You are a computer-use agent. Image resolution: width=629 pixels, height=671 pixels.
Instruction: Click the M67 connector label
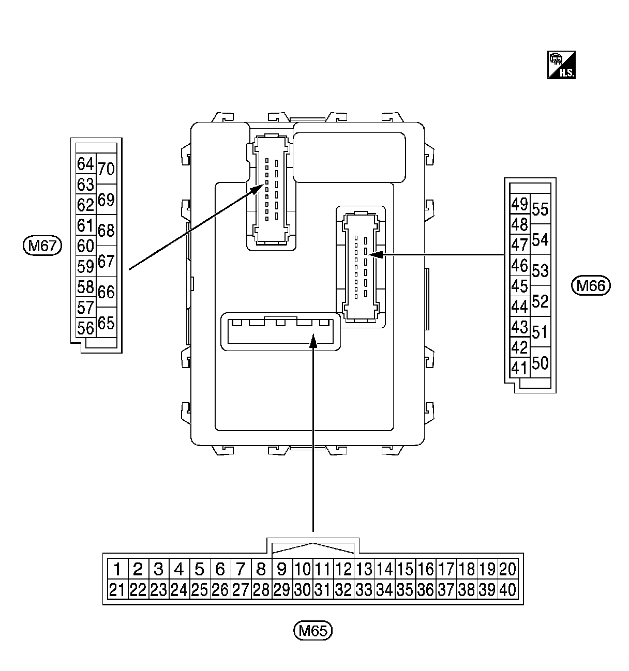[x=42, y=245]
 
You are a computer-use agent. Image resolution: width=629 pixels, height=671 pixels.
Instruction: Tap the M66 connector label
[x=591, y=285]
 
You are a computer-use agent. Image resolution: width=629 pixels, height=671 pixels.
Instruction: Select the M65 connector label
[x=313, y=630]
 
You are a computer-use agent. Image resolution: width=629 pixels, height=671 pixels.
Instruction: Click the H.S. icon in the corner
[x=561, y=65]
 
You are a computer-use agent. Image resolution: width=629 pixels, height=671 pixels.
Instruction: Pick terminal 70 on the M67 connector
[x=106, y=169]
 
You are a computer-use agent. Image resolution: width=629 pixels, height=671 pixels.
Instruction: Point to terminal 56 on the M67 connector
[x=85, y=328]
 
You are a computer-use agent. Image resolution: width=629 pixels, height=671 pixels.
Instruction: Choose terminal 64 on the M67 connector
[x=85, y=164]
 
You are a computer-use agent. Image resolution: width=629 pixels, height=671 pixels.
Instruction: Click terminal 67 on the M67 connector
[x=106, y=262]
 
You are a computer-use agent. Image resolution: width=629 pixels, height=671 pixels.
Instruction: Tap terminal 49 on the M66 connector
[x=519, y=205]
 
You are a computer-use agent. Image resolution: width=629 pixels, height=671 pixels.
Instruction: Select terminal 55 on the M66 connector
[x=540, y=210]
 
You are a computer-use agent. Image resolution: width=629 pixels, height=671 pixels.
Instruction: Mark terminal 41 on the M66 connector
[x=519, y=368]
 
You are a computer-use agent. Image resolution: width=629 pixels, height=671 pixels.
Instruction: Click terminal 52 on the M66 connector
[x=540, y=301]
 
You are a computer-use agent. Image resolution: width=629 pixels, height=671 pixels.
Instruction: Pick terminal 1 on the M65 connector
[x=117, y=570]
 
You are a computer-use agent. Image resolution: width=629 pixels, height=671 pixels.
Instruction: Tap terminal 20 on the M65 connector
[x=508, y=570]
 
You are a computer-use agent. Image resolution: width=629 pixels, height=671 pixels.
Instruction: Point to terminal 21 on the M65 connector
[x=117, y=590]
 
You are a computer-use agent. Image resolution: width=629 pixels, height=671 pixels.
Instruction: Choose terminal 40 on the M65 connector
[x=508, y=590]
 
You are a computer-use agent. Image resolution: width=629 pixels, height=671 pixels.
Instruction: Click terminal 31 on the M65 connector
[x=323, y=590]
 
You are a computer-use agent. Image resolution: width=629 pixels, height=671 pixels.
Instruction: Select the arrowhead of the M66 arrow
[x=375, y=254]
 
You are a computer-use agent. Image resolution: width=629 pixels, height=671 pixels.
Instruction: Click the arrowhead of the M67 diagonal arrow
[x=257, y=187]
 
